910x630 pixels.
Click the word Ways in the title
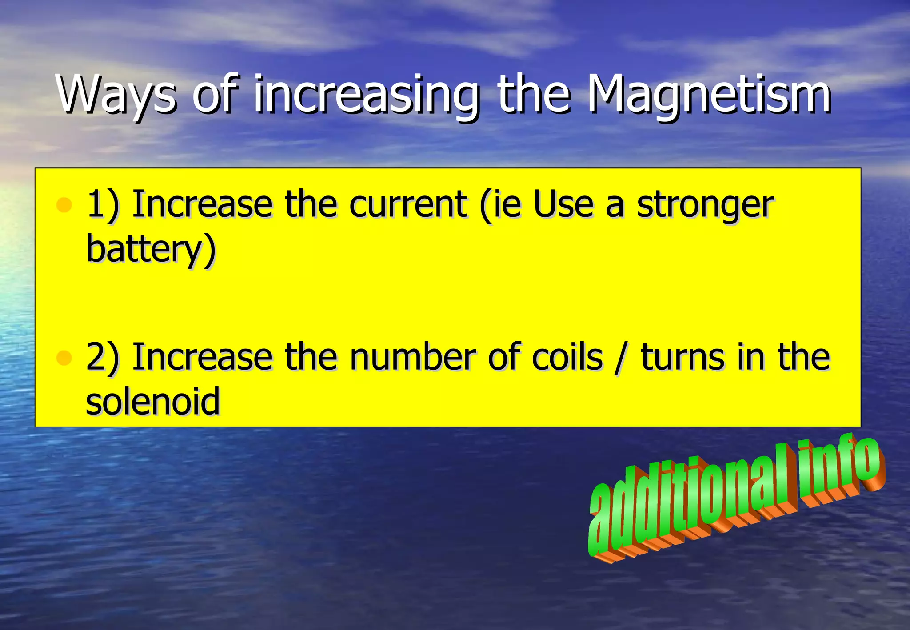[116, 94]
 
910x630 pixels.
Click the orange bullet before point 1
[64, 205]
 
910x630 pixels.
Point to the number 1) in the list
[103, 205]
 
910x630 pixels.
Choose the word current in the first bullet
[407, 205]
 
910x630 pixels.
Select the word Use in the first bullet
[563, 205]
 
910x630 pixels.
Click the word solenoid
[153, 401]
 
